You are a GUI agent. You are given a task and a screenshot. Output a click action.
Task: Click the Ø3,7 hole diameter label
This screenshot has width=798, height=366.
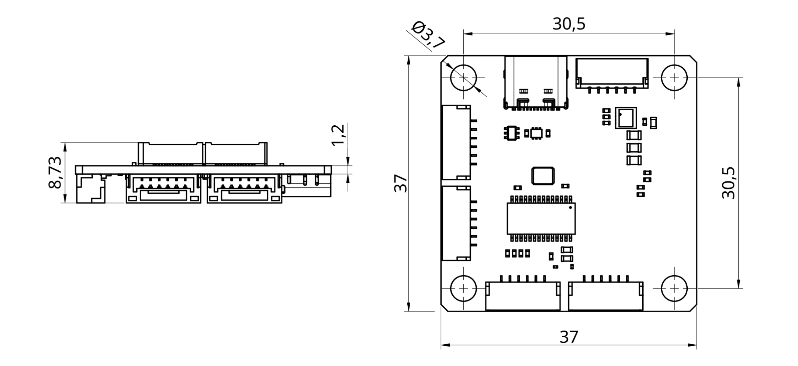point(429,35)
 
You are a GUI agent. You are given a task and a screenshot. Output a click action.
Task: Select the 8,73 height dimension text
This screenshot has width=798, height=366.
point(55,172)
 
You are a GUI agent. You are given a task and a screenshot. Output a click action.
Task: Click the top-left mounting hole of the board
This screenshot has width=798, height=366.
point(463,78)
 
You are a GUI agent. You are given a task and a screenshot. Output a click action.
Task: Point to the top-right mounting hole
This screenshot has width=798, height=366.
point(674,78)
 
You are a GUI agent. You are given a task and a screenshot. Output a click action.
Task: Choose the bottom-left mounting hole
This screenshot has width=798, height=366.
point(463,288)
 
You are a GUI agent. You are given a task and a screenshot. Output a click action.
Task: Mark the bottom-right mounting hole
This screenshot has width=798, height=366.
point(674,288)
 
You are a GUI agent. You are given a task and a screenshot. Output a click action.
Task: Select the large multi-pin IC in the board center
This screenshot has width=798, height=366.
point(541,218)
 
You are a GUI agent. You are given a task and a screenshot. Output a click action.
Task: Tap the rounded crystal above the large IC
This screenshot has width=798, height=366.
point(543,176)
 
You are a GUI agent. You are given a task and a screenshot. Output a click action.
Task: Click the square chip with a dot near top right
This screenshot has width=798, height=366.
point(626,118)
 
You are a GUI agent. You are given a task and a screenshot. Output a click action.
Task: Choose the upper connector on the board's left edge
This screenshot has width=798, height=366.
point(456,142)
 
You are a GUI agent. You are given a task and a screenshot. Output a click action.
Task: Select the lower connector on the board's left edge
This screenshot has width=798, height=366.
point(456,223)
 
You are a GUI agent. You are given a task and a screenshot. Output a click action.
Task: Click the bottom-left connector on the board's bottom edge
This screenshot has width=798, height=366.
point(522,296)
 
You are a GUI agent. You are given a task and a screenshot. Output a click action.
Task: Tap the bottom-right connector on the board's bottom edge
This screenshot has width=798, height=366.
point(605,296)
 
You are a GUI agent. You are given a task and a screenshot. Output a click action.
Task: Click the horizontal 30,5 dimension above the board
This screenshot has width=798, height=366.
point(569,24)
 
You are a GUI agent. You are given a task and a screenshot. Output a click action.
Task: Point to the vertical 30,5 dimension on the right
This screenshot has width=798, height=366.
point(728,183)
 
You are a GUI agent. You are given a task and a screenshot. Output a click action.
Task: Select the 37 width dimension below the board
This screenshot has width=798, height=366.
point(569,337)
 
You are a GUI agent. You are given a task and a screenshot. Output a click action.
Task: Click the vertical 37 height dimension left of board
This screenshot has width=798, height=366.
point(401,183)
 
